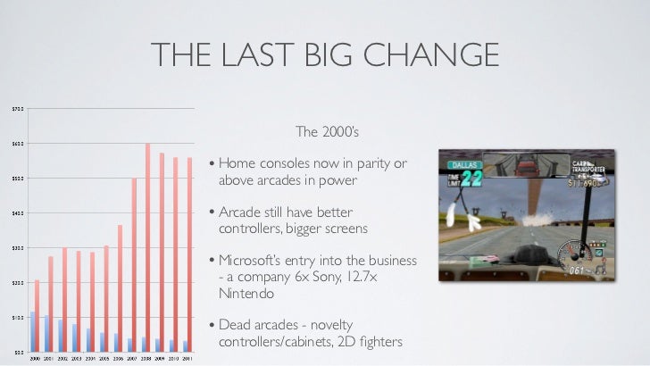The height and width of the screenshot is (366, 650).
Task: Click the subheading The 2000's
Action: tap(327, 133)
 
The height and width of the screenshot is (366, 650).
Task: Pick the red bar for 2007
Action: tap(134, 263)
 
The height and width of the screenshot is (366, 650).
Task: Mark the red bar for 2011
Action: tap(190, 254)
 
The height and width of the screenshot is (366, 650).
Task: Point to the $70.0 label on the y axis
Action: tap(17, 109)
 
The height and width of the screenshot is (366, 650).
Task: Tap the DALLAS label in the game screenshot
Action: tap(462, 164)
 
